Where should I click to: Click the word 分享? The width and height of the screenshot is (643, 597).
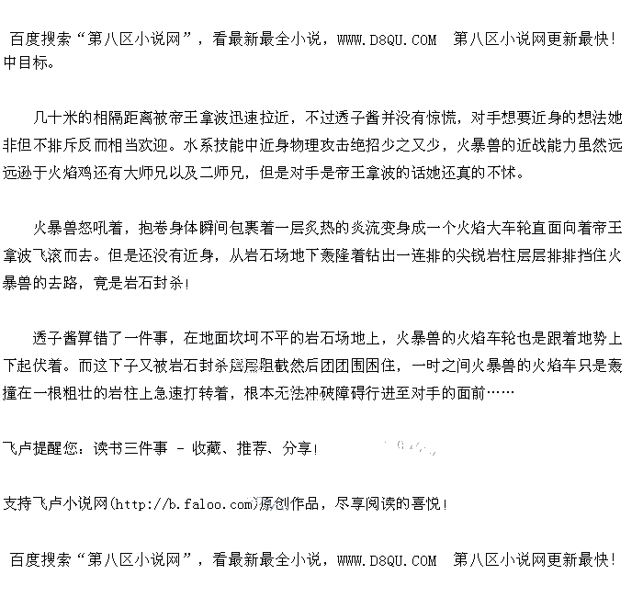click(297, 449)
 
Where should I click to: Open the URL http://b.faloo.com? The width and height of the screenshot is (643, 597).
click(183, 504)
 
